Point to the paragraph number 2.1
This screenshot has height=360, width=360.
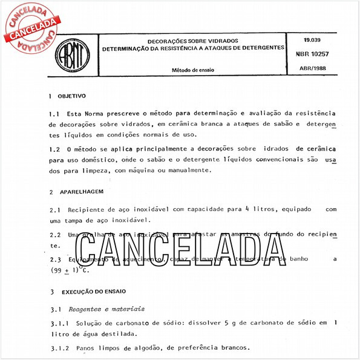coord(54,209)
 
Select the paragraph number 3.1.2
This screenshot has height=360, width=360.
coord(59,349)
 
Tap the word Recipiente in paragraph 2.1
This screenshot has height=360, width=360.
coord(90,209)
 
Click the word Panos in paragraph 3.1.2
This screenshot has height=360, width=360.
coord(87,349)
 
